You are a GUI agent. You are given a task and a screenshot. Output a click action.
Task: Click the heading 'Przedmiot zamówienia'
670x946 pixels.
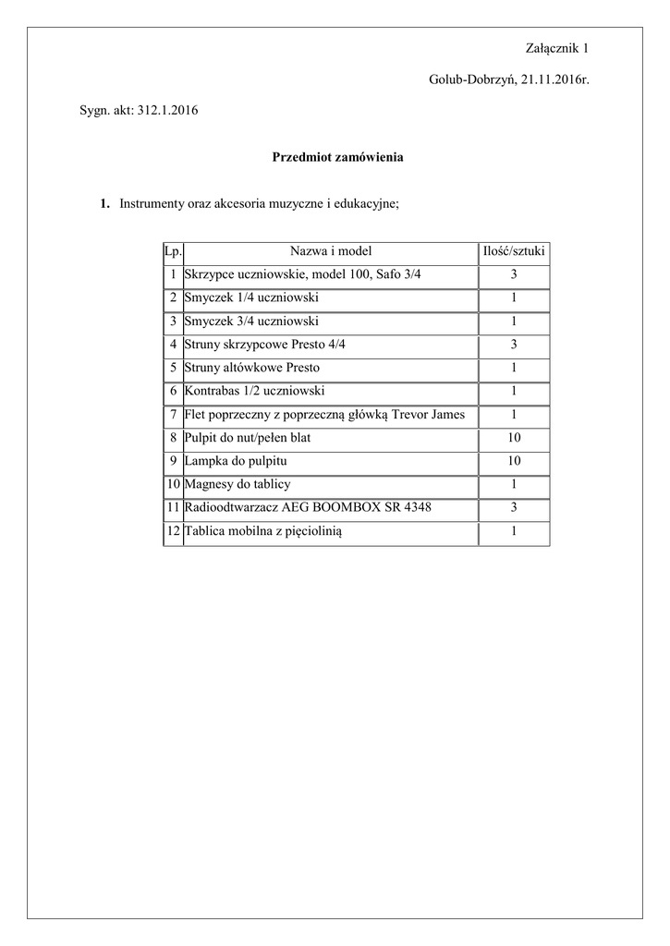coord(337,157)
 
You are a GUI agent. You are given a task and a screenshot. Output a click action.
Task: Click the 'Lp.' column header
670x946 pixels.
coord(173,251)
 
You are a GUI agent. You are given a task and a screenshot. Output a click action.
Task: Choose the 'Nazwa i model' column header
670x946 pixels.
coord(331,251)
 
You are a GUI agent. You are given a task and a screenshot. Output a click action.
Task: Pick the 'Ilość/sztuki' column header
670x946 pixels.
coord(514,251)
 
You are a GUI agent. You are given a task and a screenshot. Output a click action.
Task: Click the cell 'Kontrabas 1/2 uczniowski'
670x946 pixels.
coord(254,391)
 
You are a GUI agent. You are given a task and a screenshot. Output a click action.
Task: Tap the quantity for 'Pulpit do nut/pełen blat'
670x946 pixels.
coord(514,437)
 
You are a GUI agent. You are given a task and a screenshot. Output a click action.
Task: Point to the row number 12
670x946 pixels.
coord(173,530)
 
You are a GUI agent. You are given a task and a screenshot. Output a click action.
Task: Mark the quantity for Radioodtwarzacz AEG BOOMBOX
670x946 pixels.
coord(514,507)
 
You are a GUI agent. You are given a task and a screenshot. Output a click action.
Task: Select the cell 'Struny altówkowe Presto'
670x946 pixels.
coord(252,368)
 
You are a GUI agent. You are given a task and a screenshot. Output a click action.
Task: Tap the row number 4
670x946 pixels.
coord(173,345)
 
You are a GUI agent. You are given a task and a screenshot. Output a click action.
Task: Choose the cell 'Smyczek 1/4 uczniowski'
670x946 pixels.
coord(251,297)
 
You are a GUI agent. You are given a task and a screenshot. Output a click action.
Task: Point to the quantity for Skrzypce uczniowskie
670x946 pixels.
coord(514,274)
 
